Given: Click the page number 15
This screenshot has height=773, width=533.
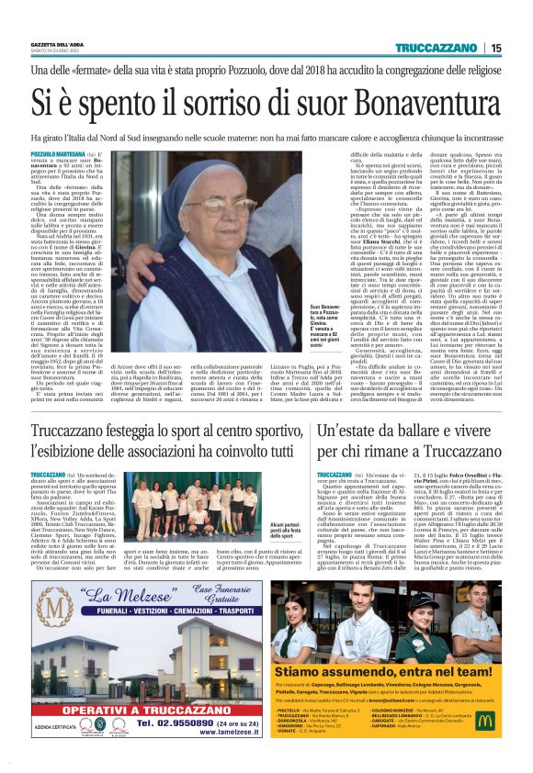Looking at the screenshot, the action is (521, 48).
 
